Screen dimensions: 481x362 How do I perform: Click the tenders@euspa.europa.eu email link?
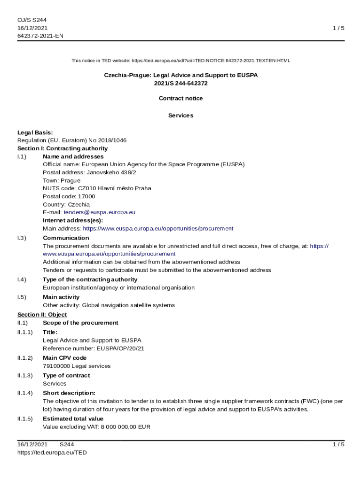point(99,212)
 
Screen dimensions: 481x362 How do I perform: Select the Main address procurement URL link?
point(158,228)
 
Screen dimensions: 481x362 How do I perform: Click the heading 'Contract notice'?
point(181,98)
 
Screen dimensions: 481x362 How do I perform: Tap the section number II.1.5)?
point(25,419)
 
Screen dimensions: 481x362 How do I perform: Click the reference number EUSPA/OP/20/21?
point(120,349)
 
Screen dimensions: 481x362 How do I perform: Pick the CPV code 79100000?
point(56,366)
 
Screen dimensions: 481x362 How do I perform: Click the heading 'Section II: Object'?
point(42,314)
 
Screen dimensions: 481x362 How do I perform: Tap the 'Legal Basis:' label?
point(35,132)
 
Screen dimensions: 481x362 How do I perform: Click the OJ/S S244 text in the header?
point(32,20)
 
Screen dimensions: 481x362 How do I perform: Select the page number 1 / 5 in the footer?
point(338,444)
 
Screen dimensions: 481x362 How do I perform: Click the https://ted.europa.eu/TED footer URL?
point(52,452)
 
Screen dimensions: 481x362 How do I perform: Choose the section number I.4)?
point(22,279)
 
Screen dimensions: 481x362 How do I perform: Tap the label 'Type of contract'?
point(66,375)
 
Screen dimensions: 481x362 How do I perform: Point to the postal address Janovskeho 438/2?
point(111,172)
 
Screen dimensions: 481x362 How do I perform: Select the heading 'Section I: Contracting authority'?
point(63,148)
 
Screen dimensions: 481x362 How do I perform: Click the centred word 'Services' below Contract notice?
point(181,115)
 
